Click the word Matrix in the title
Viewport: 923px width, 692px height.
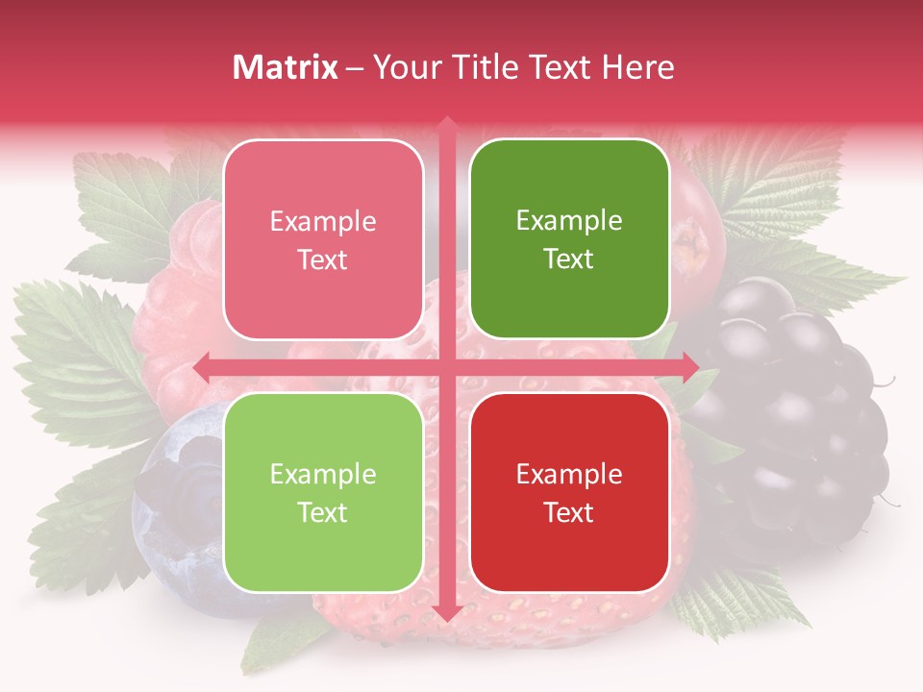[x=287, y=67]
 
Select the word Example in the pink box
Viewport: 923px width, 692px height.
[x=323, y=222]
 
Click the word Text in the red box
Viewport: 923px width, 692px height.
[x=569, y=512]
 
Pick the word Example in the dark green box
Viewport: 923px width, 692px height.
[x=569, y=221]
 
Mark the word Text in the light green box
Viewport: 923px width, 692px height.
[x=323, y=512]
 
